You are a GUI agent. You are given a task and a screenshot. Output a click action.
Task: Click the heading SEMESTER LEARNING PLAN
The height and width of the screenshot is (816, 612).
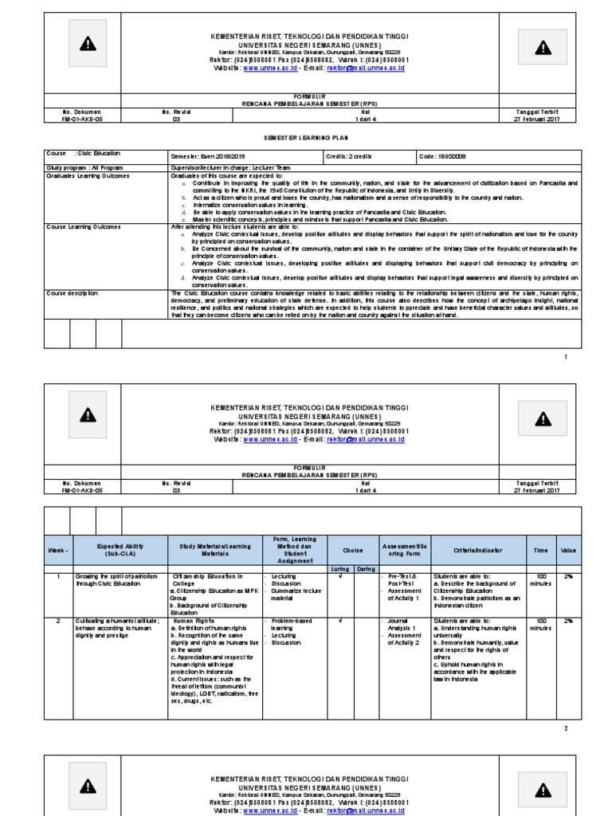coord(306,137)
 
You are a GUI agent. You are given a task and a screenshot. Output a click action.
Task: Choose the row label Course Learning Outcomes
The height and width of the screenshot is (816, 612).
coord(82,227)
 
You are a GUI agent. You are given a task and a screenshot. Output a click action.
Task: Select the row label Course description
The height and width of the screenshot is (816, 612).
coord(73,293)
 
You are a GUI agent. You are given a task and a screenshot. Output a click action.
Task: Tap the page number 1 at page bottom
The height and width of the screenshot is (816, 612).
coord(566,357)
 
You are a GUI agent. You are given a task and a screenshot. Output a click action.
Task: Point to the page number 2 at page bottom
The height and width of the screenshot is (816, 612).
coord(566,728)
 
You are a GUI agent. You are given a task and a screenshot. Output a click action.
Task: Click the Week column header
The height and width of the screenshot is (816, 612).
coord(57,551)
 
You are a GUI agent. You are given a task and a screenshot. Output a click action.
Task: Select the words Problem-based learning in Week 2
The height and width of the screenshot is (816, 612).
coord(291,624)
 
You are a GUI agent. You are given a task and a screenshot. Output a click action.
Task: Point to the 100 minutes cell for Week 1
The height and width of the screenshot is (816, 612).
coord(541,579)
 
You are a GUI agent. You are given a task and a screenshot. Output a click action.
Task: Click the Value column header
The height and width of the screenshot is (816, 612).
coord(568,551)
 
